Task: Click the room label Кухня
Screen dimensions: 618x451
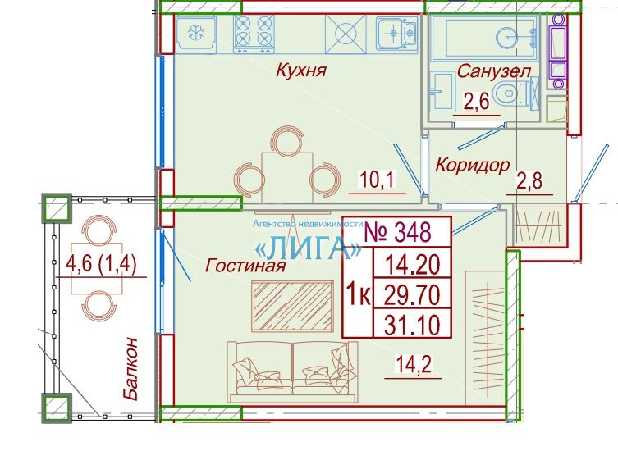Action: [x=301, y=71]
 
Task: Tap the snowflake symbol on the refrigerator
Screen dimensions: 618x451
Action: [x=195, y=33]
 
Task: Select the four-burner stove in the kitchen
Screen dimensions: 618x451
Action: [x=254, y=34]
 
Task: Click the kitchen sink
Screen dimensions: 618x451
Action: [x=397, y=33]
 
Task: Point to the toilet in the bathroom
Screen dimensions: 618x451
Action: [x=509, y=93]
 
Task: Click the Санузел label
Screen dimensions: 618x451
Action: [x=494, y=71]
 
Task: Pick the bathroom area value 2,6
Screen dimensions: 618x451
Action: [x=476, y=102]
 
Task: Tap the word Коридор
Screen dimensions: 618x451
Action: [x=473, y=165]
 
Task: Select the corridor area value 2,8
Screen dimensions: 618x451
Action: [x=529, y=181]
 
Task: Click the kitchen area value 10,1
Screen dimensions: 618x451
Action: [x=377, y=180]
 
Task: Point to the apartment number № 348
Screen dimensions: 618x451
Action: [x=397, y=231]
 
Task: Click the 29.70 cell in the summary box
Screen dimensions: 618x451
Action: [x=411, y=294]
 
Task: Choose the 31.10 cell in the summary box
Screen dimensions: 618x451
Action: [x=411, y=325]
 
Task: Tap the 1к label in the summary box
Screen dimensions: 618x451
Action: [x=359, y=294]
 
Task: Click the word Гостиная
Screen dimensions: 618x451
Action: [x=245, y=266]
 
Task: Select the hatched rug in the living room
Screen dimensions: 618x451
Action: [x=292, y=306]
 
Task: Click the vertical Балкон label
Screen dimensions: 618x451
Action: [x=130, y=369]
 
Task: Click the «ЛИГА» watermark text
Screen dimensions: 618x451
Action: [x=308, y=248]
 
